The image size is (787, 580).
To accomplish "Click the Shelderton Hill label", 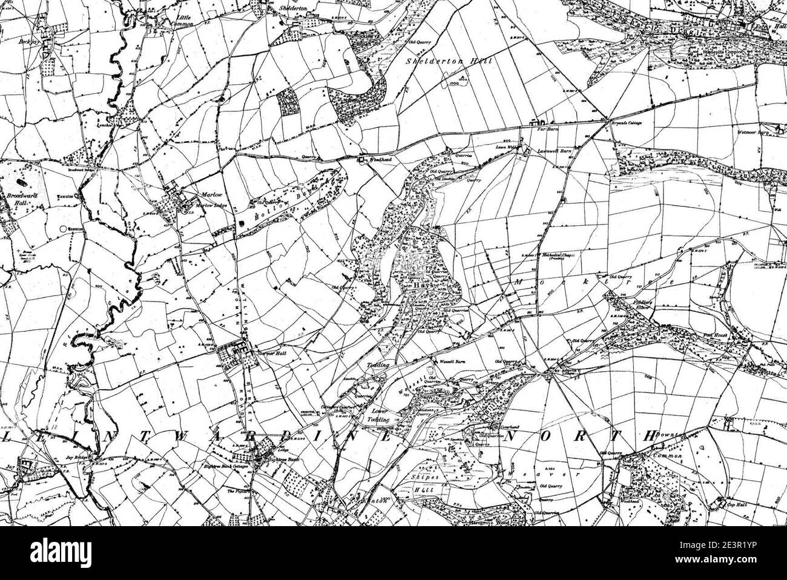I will (x=449, y=61).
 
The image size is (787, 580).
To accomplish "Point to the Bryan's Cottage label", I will (x=626, y=123).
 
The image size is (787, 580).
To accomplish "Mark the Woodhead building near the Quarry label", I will (x=361, y=160).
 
